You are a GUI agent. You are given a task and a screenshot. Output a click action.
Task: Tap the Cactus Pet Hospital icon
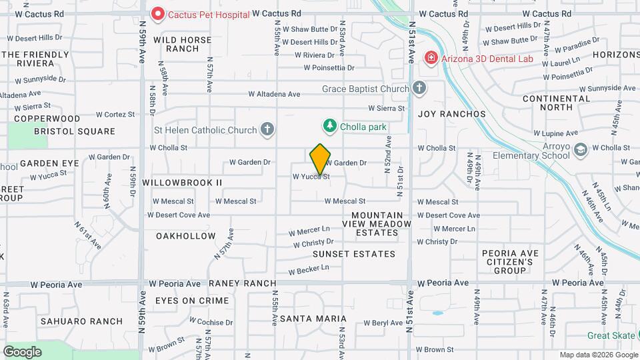coord(158,13)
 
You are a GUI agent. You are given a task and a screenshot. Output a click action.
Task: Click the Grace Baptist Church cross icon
coord(419,89)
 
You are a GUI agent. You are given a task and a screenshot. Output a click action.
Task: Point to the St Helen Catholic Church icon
coord(267,129)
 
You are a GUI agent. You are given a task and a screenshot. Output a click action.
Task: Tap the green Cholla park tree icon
coord(329,126)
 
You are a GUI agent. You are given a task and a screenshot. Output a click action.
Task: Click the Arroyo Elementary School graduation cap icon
coord(580,150)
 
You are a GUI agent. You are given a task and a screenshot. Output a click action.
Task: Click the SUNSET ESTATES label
coord(354,254)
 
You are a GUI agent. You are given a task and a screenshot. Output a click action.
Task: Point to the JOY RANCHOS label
coord(452,114)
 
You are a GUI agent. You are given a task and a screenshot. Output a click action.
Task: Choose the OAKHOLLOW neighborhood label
coord(185,236)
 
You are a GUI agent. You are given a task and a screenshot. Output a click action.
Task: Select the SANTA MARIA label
coord(313,319)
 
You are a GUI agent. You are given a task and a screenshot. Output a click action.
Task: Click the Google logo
coord(22,351)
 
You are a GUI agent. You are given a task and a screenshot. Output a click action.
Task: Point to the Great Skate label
coord(611,336)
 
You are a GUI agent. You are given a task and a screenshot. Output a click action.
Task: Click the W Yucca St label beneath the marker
coord(311,177)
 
